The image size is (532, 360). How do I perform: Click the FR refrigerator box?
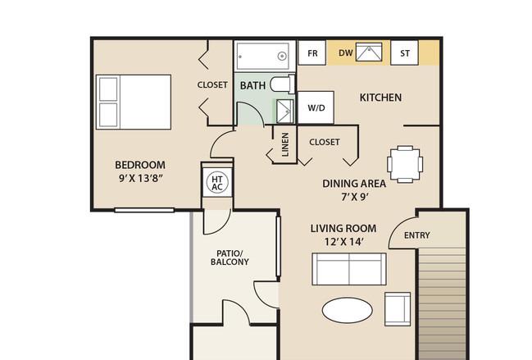coord(311,52)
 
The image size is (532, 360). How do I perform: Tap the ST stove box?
coord(404,52)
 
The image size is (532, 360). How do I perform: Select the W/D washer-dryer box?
coord(316,107)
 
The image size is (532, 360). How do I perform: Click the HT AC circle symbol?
coord(217,183)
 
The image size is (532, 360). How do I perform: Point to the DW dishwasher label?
coord(346,53)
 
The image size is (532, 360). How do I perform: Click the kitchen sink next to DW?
coord(369,52)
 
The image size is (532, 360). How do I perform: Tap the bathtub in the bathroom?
coord(262,56)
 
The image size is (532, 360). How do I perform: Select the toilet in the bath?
coord(282,84)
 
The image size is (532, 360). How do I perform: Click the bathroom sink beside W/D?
coord(284,112)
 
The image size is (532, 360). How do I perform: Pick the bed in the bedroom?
coord(134,103)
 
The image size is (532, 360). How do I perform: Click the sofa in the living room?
coord(348,269)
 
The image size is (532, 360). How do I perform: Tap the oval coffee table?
coord(347,310)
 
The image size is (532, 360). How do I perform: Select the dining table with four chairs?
coord(405,164)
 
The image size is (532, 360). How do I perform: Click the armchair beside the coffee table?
coord(398,309)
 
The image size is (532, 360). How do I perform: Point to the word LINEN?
coord(285,144)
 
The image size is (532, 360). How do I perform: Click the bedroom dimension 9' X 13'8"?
coord(141,178)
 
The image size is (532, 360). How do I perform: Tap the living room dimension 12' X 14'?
coord(344,242)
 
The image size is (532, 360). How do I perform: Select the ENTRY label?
coord(417,235)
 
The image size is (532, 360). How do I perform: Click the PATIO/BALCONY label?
coord(230,257)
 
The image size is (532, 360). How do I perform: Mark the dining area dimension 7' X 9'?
coord(355,197)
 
